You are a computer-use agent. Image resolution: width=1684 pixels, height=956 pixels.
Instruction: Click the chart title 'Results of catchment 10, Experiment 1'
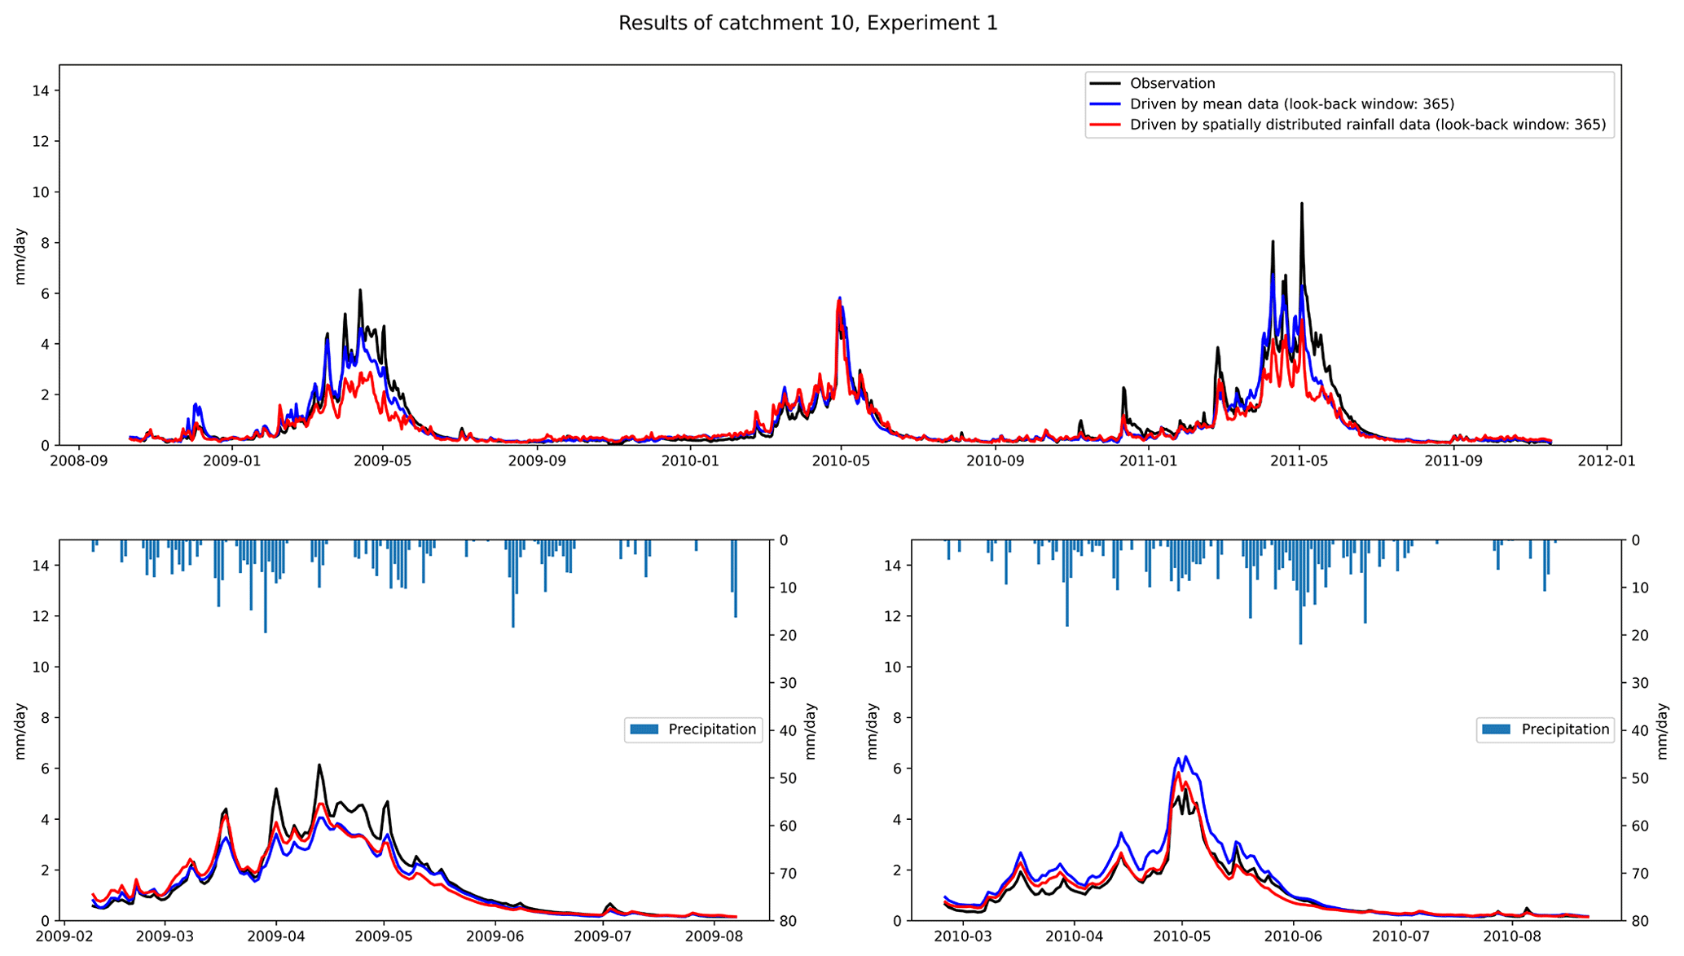[807, 24]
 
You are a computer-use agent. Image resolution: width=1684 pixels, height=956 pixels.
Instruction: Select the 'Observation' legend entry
[1172, 83]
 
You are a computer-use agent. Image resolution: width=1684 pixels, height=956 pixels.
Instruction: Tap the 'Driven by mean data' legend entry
[1291, 104]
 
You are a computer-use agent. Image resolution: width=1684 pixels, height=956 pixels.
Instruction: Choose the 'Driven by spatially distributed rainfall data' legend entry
[1367, 125]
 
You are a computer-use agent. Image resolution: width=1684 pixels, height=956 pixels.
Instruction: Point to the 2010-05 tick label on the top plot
[842, 461]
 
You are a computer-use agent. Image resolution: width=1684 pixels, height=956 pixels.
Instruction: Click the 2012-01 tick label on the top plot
[1606, 461]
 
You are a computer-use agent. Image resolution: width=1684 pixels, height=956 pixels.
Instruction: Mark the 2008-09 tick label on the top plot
[79, 461]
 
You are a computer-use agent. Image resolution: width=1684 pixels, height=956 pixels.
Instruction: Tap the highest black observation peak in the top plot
[1301, 204]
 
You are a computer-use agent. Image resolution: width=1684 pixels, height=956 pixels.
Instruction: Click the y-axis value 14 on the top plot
[41, 90]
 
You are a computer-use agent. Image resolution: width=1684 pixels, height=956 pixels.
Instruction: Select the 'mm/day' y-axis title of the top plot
[20, 256]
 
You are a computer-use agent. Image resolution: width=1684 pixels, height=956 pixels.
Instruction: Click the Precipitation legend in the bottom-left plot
[694, 729]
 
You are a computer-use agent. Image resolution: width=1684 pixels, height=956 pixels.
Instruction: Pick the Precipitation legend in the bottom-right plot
[1545, 729]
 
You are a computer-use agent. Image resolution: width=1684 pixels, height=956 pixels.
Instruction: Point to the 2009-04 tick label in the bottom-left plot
[275, 936]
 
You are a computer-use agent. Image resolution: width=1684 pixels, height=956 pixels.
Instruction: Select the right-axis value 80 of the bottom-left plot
[789, 921]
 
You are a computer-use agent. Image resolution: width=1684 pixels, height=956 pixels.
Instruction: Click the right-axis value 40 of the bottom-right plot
[1641, 730]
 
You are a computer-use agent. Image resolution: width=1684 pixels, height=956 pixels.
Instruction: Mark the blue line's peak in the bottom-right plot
[1185, 756]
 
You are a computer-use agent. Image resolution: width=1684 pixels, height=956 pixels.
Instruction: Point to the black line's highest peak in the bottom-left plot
[319, 764]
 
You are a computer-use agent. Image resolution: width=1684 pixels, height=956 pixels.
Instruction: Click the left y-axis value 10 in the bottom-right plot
[893, 667]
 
